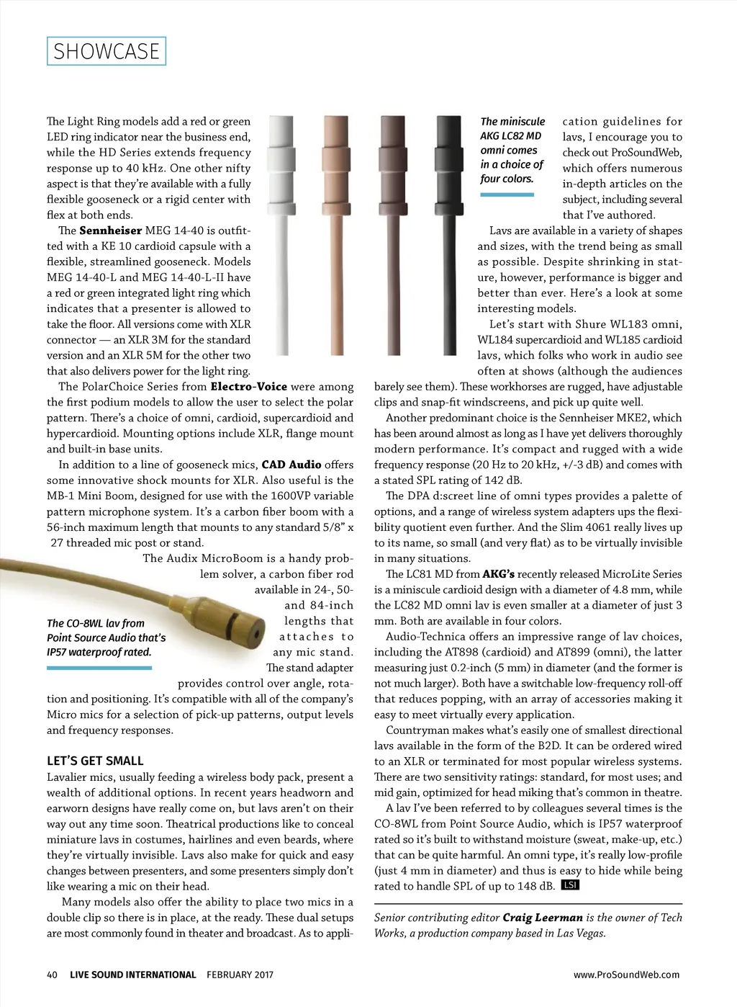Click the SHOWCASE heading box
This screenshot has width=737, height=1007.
click(x=107, y=51)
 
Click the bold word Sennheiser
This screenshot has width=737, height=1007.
click(x=110, y=231)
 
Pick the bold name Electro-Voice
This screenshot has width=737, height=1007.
click(x=248, y=387)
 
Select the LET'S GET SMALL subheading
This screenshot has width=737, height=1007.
click(x=95, y=761)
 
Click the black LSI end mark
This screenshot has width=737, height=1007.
click(x=570, y=885)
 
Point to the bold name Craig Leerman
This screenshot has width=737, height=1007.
click(x=543, y=918)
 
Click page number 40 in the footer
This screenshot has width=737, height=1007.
click(x=52, y=975)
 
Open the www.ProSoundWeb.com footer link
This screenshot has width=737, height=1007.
click(x=626, y=975)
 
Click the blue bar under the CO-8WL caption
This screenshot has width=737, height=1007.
click(x=99, y=668)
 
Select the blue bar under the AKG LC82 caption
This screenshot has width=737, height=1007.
click(x=507, y=194)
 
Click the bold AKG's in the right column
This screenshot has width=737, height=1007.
click(x=498, y=574)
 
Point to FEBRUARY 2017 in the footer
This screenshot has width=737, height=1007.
click(x=240, y=975)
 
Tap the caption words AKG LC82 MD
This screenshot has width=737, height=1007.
click(x=511, y=136)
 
